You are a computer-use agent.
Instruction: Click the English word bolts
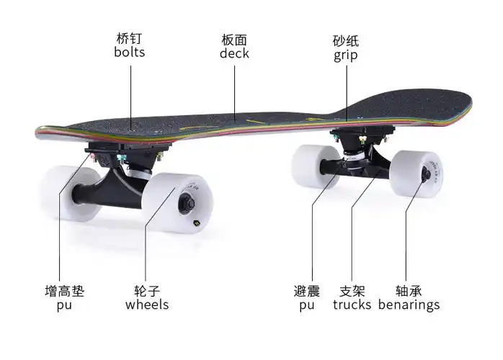[x=129, y=53]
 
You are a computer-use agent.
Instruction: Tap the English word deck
[x=235, y=53]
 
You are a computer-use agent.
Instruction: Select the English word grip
[x=345, y=55]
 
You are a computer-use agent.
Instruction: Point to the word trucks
[x=352, y=305]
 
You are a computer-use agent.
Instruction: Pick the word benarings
[x=408, y=305]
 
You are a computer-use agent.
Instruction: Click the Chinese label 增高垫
[x=64, y=291]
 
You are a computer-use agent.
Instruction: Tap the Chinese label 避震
[x=306, y=291]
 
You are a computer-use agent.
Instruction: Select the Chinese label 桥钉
[x=129, y=38]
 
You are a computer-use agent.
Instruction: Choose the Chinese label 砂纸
[x=345, y=40]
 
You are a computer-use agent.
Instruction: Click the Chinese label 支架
[x=352, y=291]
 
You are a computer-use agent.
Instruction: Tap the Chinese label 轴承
[x=408, y=291]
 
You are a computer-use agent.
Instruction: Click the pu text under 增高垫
[x=64, y=305]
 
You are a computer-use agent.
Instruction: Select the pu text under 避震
[x=306, y=305]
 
